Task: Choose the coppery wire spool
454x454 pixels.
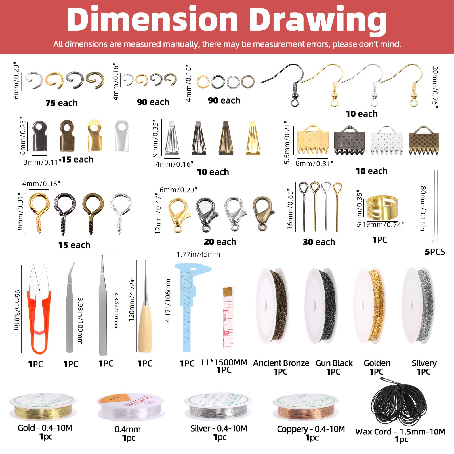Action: pyautogui.click(x=305, y=409)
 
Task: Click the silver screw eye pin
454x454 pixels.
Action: pyautogui.click(x=121, y=211)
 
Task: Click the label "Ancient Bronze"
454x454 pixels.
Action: pyautogui.click(x=281, y=363)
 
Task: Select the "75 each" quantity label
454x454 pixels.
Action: pyautogui.click(x=61, y=103)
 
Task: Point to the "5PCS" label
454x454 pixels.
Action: pyautogui.click(x=435, y=252)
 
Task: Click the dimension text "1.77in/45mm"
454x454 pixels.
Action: pyautogui.click(x=198, y=254)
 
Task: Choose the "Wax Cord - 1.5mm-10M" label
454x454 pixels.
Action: pyautogui.click(x=400, y=432)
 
